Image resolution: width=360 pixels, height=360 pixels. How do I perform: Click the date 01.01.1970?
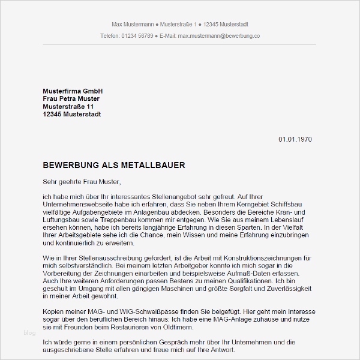coord(295,139)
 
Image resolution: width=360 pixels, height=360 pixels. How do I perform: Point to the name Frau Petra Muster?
coord(71,98)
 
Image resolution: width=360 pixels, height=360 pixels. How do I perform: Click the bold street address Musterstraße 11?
coord(68,106)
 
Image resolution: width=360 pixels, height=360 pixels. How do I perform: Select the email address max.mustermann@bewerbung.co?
coord(219,36)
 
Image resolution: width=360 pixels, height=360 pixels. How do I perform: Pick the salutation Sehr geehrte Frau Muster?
coord(82,181)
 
